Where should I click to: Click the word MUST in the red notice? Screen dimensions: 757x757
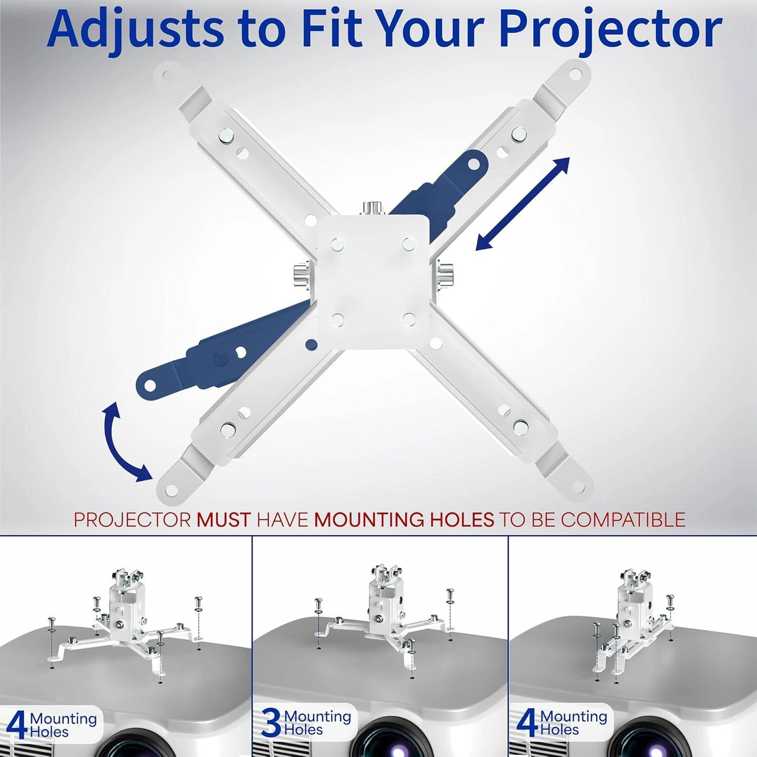tap(223, 519)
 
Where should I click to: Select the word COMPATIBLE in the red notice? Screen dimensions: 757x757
tap(623, 519)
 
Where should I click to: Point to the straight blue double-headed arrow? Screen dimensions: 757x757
tap(523, 203)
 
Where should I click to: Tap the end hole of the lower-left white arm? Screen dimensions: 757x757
tap(172, 490)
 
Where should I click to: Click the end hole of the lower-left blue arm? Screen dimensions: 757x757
tap(150, 386)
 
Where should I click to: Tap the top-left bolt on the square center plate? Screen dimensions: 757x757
tap(337, 244)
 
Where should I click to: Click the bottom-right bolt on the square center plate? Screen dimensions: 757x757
tap(408, 319)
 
